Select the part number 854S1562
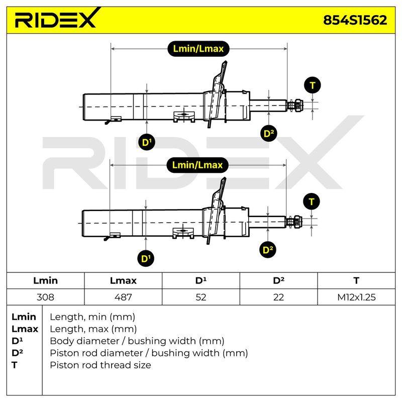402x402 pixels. click(x=355, y=20)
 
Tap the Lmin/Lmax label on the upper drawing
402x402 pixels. click(x=198, y=49)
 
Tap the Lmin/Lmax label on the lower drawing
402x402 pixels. click(x=197, y=165)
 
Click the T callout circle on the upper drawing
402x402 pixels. click(x=312, y=85)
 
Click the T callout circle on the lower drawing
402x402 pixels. click(x=311, y=202)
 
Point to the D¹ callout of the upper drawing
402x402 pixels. click(x=147, y=142)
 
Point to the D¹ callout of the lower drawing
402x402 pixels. click(x=146, y=258)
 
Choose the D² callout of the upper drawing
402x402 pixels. click(x=269, y=133)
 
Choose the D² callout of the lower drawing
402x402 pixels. click(x=268, y=250)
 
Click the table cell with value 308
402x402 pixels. click(x=45, y=297)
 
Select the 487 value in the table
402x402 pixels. click(x=123, y=297)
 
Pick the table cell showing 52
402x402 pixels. click(x=200, y=297)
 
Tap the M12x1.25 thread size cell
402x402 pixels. click(x=356, y=297)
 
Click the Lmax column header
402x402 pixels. click(x=123, y=280)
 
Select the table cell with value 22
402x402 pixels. click(x=278, y=297)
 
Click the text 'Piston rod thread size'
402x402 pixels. click(x=100, y=365)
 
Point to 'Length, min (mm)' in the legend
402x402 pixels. click(x=92, y=317)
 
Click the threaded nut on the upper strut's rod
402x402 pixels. click(x=298, y=106)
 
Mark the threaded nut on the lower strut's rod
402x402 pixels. click(x=297, y=222)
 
